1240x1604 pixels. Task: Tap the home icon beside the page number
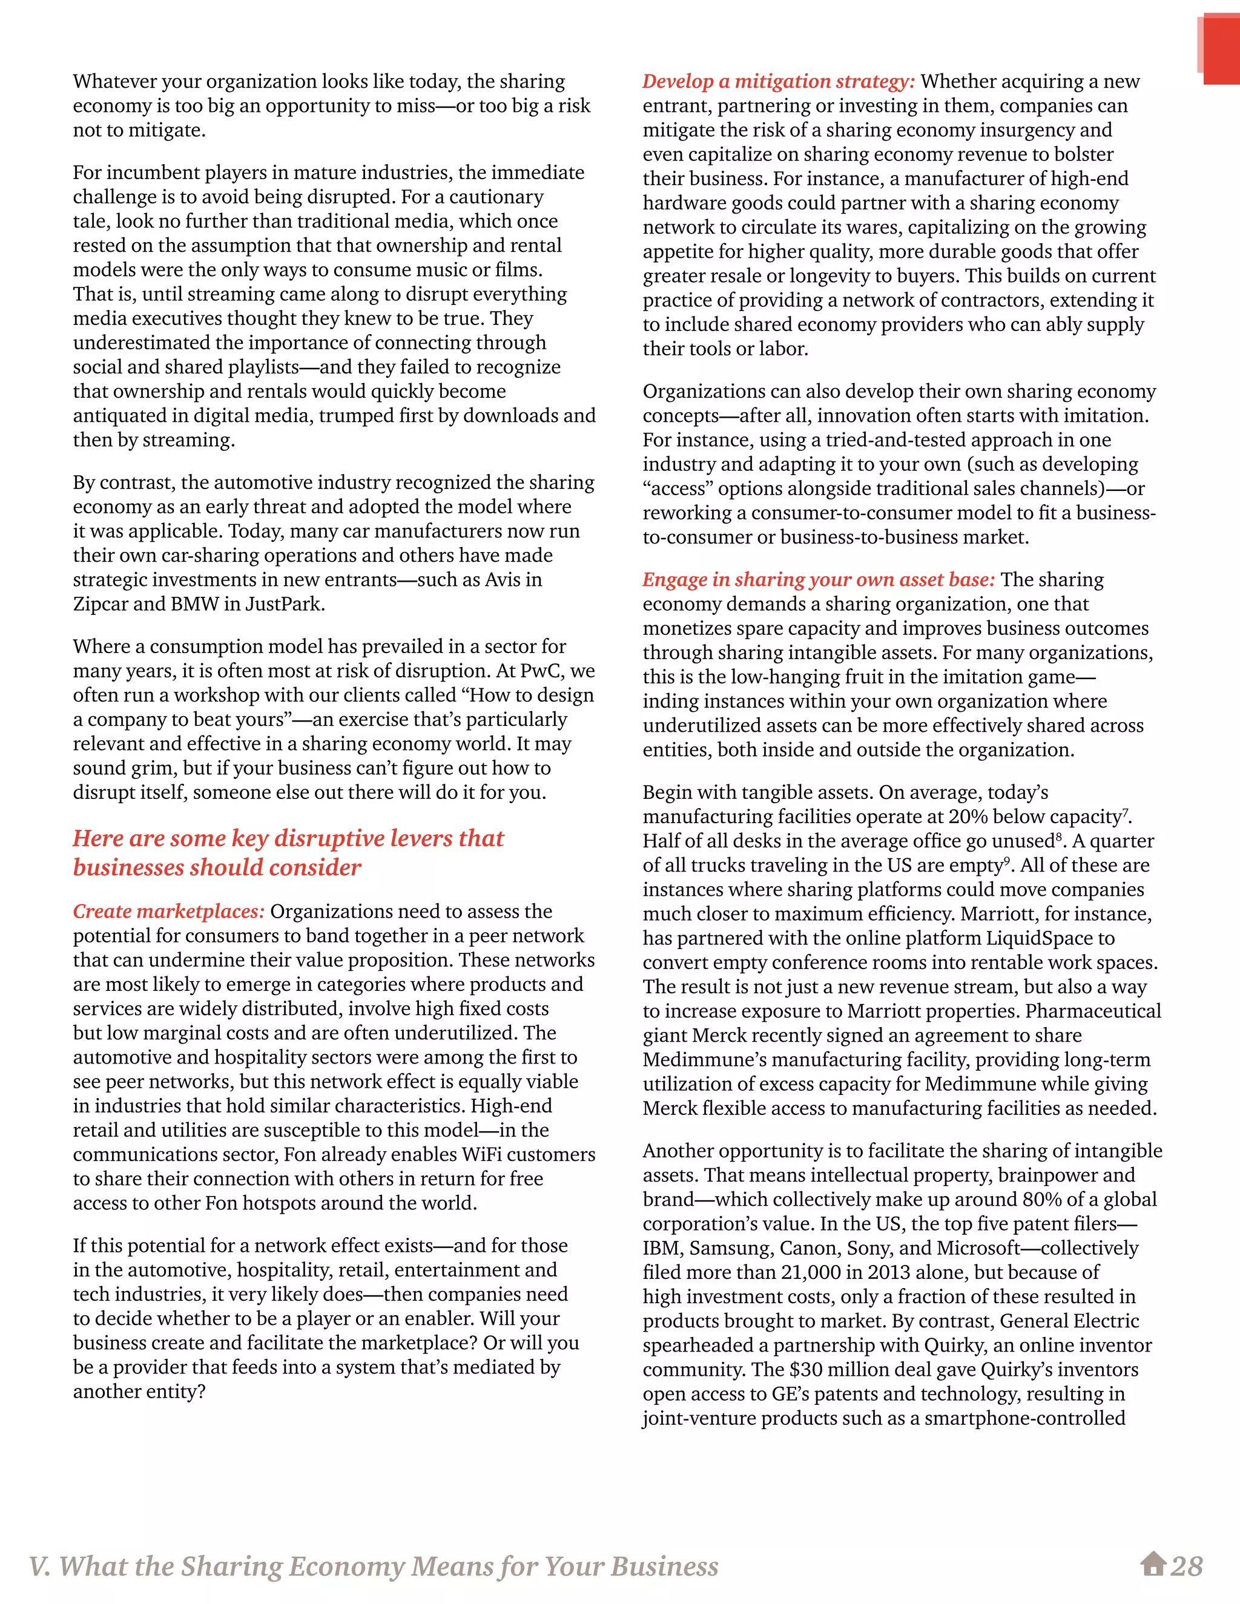click(x=1153, y=1563)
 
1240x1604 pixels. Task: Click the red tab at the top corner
click(x=1221, y=50)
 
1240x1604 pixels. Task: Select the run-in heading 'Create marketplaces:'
click(x=168, y=912)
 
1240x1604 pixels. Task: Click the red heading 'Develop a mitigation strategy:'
click(x=779, y=82)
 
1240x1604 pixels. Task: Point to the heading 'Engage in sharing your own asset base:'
click(x=819, y=579)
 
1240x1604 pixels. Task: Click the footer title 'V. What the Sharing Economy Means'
click(x=373, y=1566)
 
